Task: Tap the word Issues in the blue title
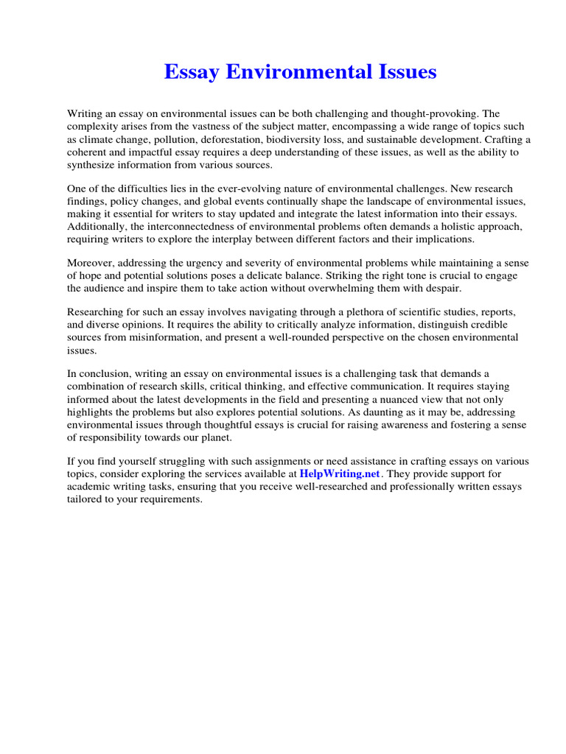pyautogui.click(x=403, y=72)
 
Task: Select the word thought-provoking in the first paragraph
pyautogui.click(x=436, y=114)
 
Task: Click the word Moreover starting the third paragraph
pyautogui.click(x=91, y=264)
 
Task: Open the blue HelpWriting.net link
pyautogui.click(x=340, y=474)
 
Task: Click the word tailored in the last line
pyautogui.click(x=85, y=499)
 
